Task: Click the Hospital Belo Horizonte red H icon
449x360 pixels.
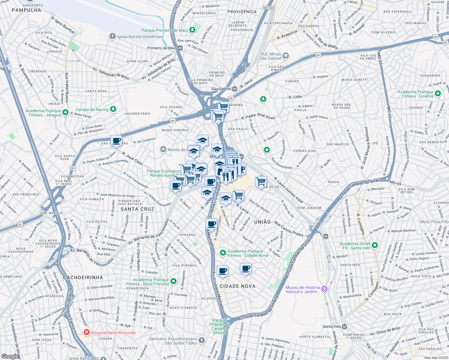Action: (87, 332)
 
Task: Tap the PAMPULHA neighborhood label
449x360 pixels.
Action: (26, 10)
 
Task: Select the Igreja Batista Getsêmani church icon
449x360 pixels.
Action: (113, 37)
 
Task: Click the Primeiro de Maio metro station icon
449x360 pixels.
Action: (180, 48)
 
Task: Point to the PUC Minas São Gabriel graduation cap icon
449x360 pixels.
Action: (286, 56)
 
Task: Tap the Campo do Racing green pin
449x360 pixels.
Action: (113, 109)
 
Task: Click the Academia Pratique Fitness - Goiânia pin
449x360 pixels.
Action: (438, 94)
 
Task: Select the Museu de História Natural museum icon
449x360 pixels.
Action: (324, 289)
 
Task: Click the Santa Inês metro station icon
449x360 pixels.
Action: (344, 326)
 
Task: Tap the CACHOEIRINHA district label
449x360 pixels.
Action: (83, 277)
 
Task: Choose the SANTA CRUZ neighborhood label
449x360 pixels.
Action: (137, 209)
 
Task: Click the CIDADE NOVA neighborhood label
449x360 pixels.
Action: (237, 286)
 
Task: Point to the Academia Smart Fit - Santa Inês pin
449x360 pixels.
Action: (375, 245)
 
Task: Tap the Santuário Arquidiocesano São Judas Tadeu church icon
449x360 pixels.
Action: (202, 340)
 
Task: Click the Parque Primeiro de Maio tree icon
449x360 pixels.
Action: (192, 30)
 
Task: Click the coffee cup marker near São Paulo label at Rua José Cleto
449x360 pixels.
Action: (116, 140)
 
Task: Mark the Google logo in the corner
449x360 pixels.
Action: (10, 356)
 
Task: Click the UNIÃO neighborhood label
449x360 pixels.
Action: (262, 222)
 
